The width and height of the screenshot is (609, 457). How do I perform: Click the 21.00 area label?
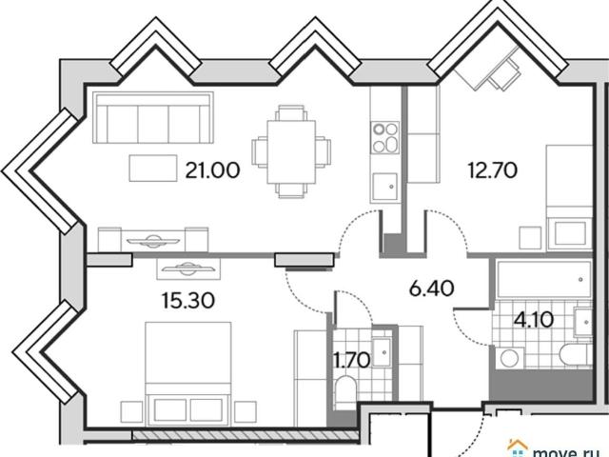tap(212, 170)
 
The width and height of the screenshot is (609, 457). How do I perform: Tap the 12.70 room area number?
tap(493, 170)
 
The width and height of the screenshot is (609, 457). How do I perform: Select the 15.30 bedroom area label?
tap(188, 301)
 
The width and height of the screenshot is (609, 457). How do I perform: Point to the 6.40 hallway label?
tap(432, 288)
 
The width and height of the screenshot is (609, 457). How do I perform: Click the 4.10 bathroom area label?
tap(534, 320)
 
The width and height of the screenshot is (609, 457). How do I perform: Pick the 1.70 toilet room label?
tap(352, 360)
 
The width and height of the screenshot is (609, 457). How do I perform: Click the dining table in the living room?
tap(291, 151)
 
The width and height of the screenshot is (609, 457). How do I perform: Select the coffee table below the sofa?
tap(153, 168)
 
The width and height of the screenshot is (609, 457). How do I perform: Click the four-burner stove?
tap(384, 137)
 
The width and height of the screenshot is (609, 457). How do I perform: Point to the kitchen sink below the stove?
tap(384, 187)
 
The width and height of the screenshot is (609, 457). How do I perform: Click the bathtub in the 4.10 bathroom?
tap(543, 279)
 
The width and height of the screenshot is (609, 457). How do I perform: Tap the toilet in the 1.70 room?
tap(344, 392)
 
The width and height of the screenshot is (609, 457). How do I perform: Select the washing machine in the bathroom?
tap(510, 358)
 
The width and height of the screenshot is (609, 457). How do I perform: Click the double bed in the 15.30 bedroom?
tap(188, 372)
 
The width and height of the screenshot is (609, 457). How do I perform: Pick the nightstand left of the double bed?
tap(131, 412)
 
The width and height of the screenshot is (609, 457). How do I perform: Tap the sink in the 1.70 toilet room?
tap(382, 352)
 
